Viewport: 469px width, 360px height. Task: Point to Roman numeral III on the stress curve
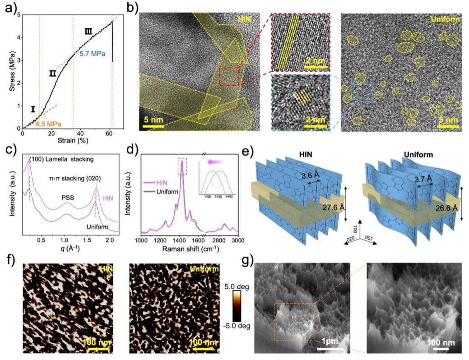[88, 31]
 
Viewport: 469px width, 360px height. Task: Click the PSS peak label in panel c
[67, 197]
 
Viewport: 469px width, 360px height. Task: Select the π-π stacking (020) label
[75, 179]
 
